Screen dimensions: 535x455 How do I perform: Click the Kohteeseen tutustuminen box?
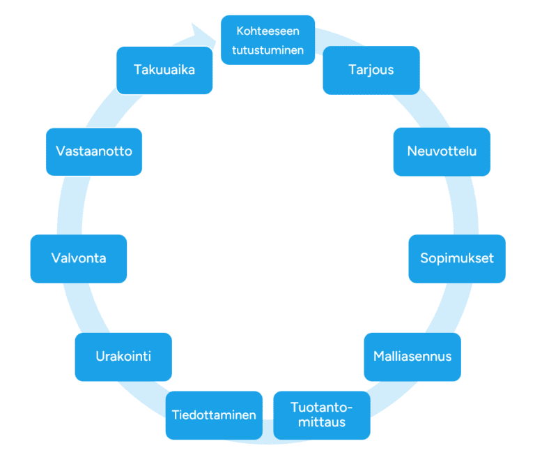pyautogui.click(x=267, y=40)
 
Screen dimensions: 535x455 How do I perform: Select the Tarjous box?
pyautogui.click(x=371, y=70)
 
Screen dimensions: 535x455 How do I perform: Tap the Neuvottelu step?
pyautogui.click(x=442, y=151)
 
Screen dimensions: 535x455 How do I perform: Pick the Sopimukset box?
pyautogui.click(x=457, y=259)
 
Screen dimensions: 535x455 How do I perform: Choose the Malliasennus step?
pyautogui.click(x=412, y=357)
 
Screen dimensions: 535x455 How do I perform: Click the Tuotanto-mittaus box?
pyautogui.click(x=322, y=415)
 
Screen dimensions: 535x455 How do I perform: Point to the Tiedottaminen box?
pyautogui.click(x=214, y=415)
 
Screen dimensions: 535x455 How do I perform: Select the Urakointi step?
pyautogui.click(x=123, y=357)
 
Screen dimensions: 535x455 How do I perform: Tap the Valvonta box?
pyautogui.click(x=79, y=259)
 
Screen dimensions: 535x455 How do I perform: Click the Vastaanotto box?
pyautogui.click(x=94, y=151)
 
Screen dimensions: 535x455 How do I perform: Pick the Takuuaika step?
pyautogui.click(x=164, y=70)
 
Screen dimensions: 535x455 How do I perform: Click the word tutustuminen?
pyautogui.click(x=267, y=50)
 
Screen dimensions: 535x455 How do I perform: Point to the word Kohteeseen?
pyautogui.click(x=267, y=31)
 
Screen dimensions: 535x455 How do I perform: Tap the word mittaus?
pyautogui.click(x=322, y=422)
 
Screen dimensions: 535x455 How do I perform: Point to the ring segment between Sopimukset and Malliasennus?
pyautogui.click(x=450, y=308)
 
